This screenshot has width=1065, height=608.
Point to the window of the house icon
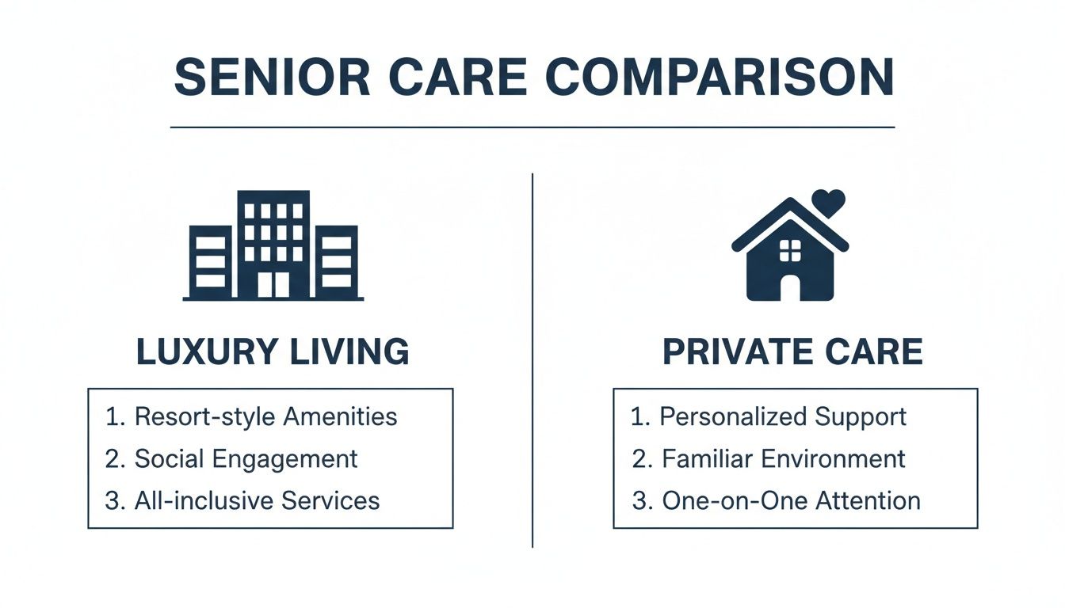(x=790, y=251)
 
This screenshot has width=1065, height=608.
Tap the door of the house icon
(x=790, y=287)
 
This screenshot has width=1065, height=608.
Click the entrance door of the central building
(x=273, y=284)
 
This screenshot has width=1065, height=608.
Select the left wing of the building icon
(x=210, y=261)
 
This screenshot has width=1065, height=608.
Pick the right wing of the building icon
(x=337, y=261)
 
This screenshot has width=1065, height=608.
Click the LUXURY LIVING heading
(x=273, y=352)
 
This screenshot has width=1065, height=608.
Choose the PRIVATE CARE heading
(x=792, y=352)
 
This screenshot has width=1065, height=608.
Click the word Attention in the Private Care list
(x=872, y=500)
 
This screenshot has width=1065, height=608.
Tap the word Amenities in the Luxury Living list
(x=343, y=416)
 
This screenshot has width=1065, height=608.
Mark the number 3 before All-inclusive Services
(x=111, y=500)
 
